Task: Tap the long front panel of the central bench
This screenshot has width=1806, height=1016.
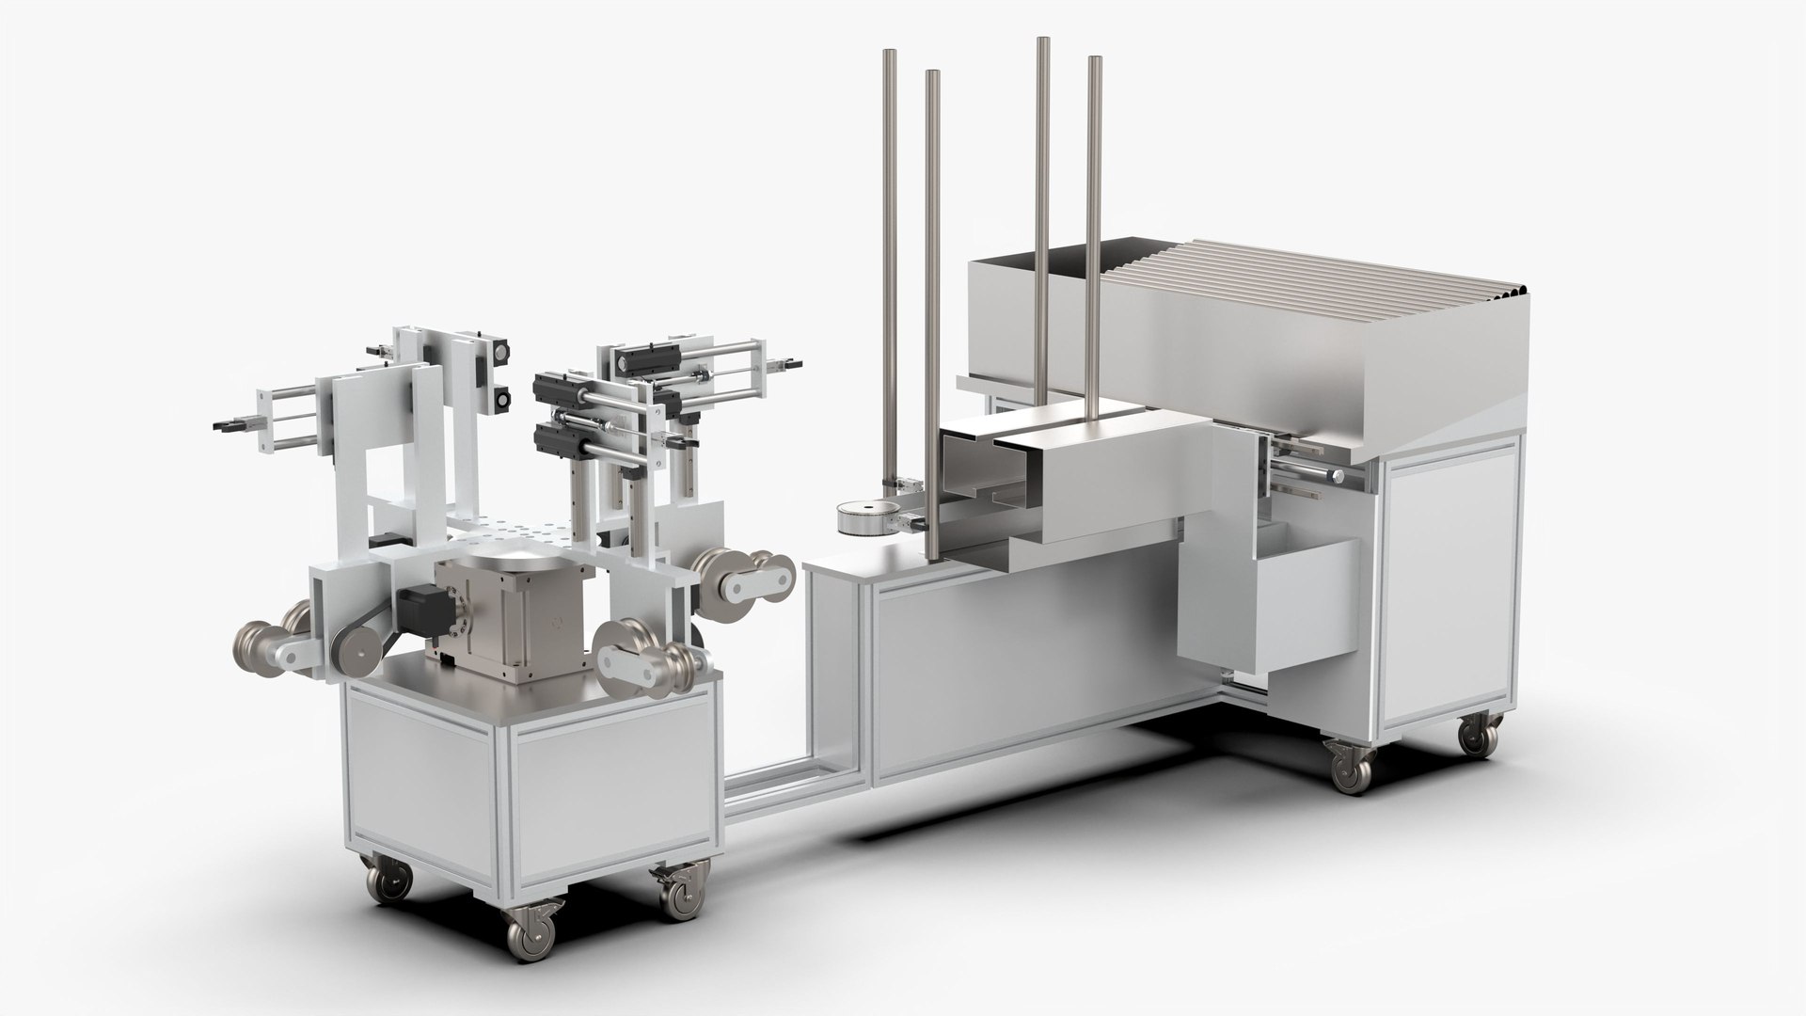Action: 1025,659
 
